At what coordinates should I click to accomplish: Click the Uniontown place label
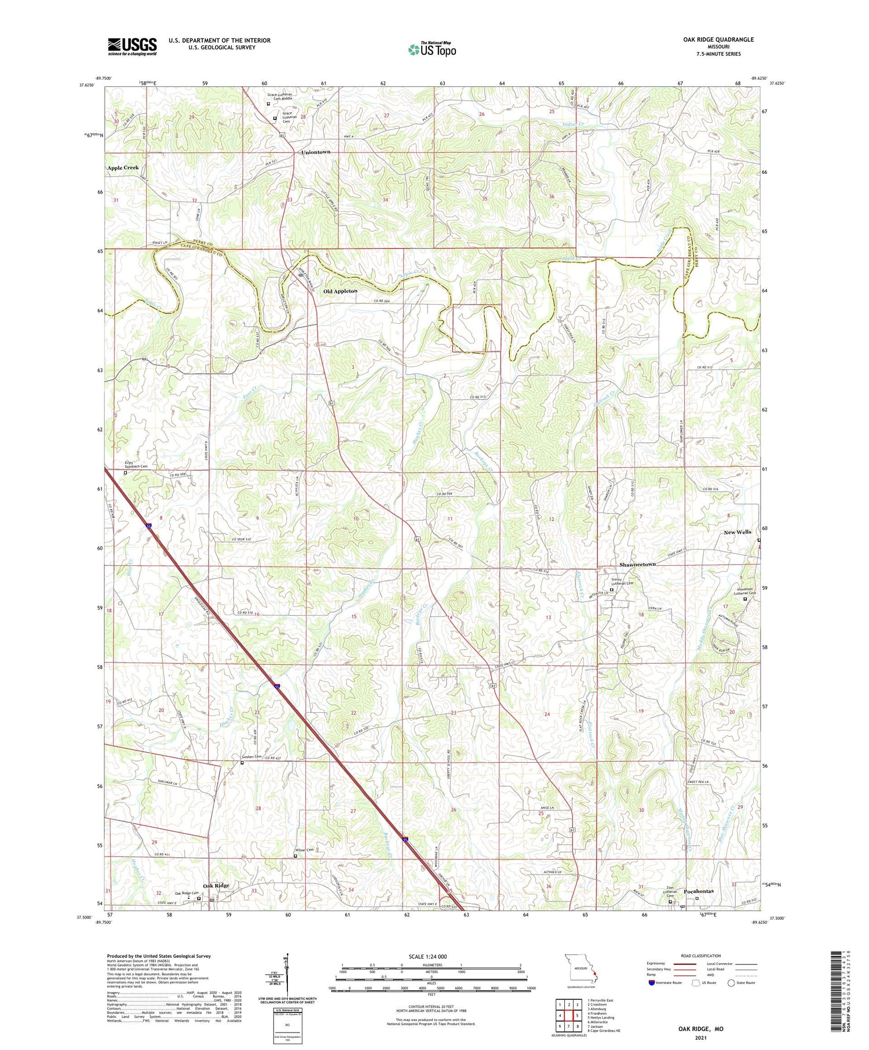[316, 152]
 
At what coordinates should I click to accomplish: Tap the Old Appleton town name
[340, 291]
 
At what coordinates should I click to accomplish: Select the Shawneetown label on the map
[637, 564]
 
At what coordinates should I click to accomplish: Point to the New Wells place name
[737, 532]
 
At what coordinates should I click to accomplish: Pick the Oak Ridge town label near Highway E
[216, 886]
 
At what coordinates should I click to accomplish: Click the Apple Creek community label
[123, 167]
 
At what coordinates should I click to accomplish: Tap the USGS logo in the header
[132, 46]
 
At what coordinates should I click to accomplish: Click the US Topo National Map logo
[432, 49]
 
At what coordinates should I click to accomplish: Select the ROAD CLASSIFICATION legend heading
[701, 956]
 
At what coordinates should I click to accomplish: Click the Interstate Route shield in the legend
[651, 982]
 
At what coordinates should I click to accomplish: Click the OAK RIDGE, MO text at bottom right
[700, 1029]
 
